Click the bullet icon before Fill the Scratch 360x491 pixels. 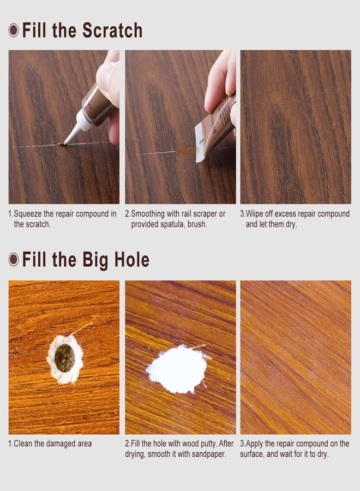tap(14, 31)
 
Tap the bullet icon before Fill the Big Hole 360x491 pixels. tap(14, 260)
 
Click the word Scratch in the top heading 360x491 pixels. tap(112, 31)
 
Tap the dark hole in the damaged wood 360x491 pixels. tap(64, 358)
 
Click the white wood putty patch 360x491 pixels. tap(177, 369)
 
